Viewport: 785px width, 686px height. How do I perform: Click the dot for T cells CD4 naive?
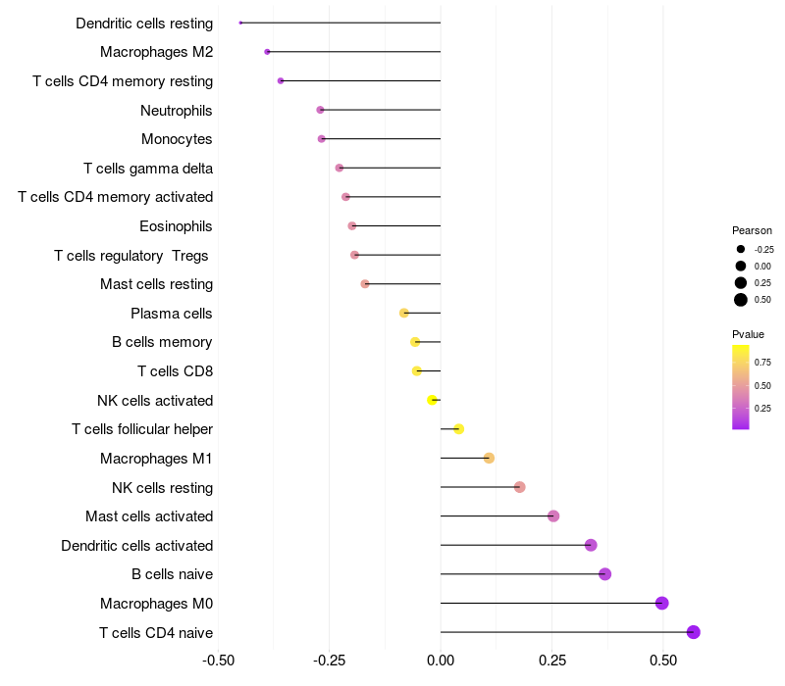tap(694, 632)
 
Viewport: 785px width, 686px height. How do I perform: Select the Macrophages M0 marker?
tap(662, 603)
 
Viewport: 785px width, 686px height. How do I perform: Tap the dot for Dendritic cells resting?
tap(240, 23)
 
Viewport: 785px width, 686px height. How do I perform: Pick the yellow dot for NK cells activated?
tap(433, 400)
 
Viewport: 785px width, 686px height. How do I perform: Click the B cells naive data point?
tap(605, 574)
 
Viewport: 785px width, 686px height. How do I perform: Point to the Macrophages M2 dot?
tap(267, 52)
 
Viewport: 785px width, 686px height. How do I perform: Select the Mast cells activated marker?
tap(553, 516)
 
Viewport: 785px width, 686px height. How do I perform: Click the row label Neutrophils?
tap(177, 110)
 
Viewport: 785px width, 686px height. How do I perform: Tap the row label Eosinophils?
tap(177, 226)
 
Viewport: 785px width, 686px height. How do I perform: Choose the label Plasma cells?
tap(172, 314)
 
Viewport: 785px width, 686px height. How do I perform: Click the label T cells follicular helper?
tap(142, 429)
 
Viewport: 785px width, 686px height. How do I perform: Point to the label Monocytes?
tap(177, 139)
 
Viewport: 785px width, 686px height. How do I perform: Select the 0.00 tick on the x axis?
tap(441, 661)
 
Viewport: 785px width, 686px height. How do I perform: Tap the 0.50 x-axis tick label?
tap(664, 661)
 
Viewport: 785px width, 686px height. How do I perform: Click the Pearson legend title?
tap(753, 230)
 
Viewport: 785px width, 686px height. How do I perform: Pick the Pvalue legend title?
tap(749, 334)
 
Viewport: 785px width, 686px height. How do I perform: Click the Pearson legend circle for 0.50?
tap(741, 300)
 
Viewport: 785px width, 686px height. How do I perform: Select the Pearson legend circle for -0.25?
tap(741, 249)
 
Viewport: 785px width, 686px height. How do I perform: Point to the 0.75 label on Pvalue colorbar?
tap(762, 362)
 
